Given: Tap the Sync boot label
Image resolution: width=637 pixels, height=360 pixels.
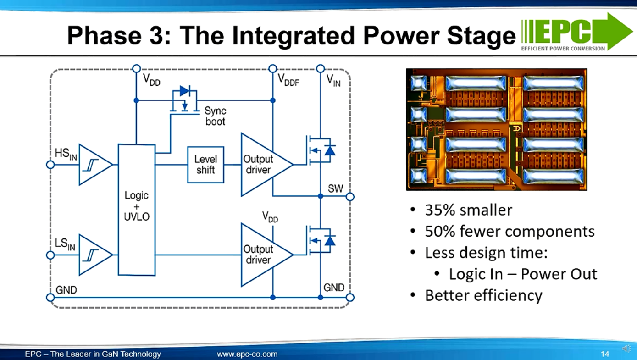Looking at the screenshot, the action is (x=215, y=116).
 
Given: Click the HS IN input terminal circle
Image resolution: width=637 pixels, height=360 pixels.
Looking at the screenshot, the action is (x=50, y=165).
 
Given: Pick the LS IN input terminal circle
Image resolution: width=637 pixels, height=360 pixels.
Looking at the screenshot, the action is (x=50, y=255).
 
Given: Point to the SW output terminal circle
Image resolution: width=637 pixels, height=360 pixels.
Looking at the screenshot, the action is (x=350, y=196).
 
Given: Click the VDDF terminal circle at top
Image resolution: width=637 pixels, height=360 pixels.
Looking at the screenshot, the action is (x=272, y=68).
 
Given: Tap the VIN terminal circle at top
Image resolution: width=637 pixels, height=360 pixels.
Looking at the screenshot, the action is (x=321, y=68).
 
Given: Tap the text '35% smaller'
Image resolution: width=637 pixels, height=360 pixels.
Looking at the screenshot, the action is (x=468, y=210).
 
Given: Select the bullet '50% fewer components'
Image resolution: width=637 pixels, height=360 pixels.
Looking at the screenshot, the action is (x=510, y=231).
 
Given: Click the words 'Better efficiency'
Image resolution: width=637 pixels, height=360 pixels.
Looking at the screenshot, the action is (x=483, y=295).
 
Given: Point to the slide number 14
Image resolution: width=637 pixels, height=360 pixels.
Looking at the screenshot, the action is (x=604, y=354).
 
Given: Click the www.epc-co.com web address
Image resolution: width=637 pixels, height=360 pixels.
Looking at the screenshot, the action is (x=247, y=354).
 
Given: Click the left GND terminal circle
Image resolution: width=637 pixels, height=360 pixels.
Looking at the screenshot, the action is (x=50, y=298).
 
